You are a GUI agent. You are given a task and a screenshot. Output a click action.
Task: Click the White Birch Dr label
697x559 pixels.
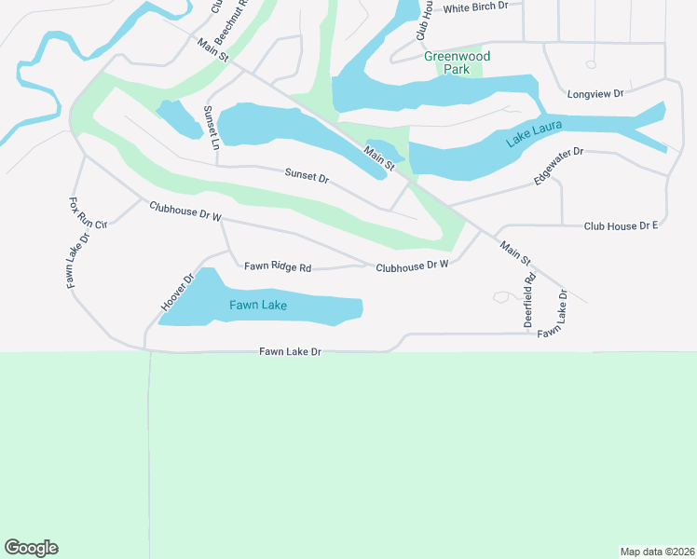476,8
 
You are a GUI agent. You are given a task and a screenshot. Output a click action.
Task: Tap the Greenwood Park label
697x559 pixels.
456,62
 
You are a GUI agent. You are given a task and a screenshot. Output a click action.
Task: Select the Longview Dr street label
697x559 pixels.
594,94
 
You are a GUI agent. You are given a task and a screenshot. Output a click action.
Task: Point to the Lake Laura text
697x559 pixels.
535,135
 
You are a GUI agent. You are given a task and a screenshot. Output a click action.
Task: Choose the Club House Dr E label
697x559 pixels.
621,226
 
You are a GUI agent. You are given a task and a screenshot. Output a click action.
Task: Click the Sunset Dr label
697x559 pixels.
307,175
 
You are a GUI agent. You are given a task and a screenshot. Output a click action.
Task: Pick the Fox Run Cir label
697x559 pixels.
89,212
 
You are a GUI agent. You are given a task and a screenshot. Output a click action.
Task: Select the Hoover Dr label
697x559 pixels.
176,292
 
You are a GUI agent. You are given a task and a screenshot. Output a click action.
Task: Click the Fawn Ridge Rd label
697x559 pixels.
277,267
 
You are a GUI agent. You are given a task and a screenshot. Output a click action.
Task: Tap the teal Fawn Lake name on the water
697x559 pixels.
259,305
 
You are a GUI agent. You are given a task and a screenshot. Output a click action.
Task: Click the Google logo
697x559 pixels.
31,548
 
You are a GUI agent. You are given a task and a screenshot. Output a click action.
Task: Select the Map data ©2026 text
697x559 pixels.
657,551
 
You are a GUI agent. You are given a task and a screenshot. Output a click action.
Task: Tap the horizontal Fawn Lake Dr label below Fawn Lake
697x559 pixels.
290,352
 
